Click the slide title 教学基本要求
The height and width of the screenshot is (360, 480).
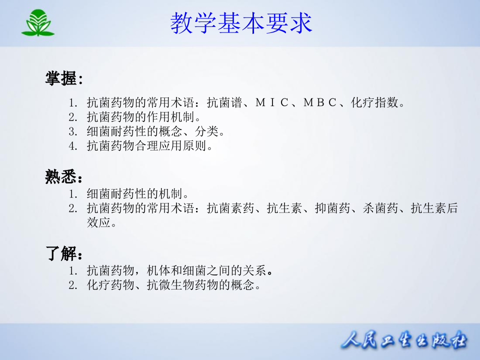pyautogui.click(x=241, y=23)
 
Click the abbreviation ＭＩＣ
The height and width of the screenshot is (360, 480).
pyautogui.click(x=272, y=103)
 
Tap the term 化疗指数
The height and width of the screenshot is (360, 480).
pyautogui.click(x=374, y=103)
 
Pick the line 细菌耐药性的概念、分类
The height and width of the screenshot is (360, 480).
pyautogui.click(x=155, y=132)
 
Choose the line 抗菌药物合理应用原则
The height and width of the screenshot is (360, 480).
pyautogui.click(x=149, y=146)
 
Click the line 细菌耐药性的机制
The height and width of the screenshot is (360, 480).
pyautogui.click(x=137, y=193)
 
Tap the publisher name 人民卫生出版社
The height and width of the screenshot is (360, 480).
pyautogui.click(x=404, y=341)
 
